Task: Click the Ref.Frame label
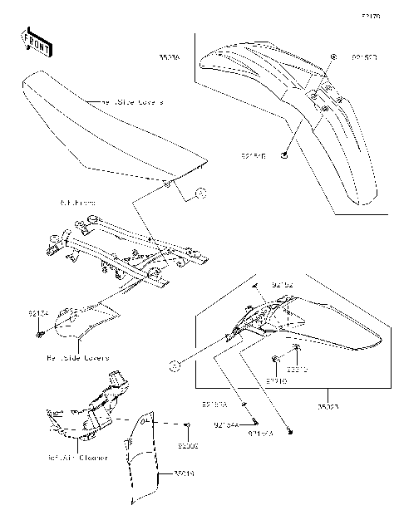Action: point(78,202)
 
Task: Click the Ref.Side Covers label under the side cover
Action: point(77,357)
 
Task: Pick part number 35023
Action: point(326,408)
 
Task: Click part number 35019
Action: point(185,473)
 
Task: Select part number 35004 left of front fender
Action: point(169,57)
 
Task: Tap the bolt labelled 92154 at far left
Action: point(40,334)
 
